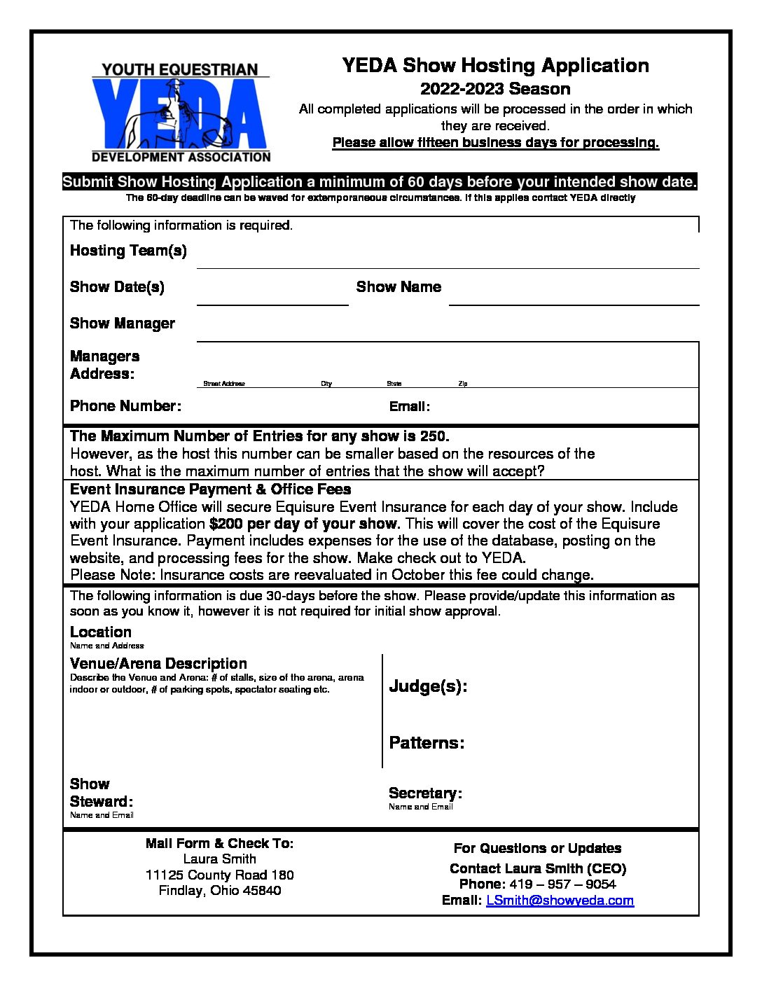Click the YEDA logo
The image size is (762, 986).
pyautogui.click(x=181, y=112)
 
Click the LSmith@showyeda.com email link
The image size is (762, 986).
pyautogui.click(x=560, y=901)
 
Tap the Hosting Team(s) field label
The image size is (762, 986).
pyautogui.click(x=128, y=251)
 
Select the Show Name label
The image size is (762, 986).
pyautogui.click(x=399, y=287)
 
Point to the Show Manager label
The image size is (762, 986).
pyautogui.click(x=123, y=324)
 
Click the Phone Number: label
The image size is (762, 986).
pyautogui.click(x=125, y=406)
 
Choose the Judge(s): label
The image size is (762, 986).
pyautogui.click(x=428, y=686)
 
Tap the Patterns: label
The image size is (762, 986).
pyautogui.click(x=427, y=743)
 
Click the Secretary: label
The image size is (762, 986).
pyautogui.click(x=425, y=793)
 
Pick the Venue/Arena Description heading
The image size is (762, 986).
pyautogui.click(x=158, y=664)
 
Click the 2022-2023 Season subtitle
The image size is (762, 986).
pyautogui.click(x=495, y=89)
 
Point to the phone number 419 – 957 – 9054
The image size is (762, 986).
pyautogui.click(x=562, y=884)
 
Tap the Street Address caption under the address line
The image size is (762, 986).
pyautogui.click(x=224, y=384)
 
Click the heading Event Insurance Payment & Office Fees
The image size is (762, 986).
pyautogui.click(x=210, y=489)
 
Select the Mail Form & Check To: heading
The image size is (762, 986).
pyautogui.click(x=219, y=843)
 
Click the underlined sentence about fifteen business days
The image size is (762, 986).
pyautogui.click(x=495, y=143)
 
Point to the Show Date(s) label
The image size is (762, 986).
pyautogui.click(x=117, y=287)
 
